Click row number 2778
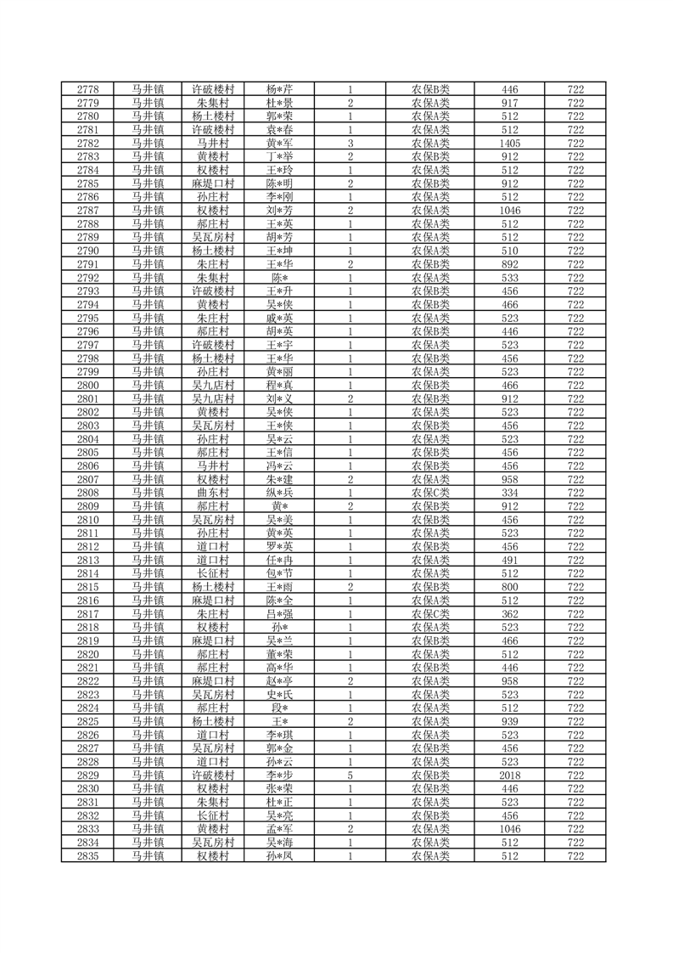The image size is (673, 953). click(87, 89)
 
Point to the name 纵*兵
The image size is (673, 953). click(279, 493)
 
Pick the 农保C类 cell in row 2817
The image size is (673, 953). click(430, 613)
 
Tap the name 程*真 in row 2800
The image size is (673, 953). click(279, 385)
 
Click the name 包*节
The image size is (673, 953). click(279, 573)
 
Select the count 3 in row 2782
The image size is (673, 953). click(350, 144)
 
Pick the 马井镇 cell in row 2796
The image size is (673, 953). click(148, 331)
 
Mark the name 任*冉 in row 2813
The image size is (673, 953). click(279, 560)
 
